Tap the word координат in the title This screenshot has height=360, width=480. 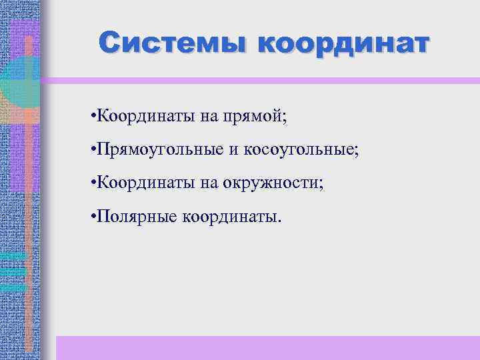[343, 45]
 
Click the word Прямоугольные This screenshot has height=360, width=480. [161, 149]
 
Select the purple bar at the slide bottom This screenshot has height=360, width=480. [267, 347]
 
